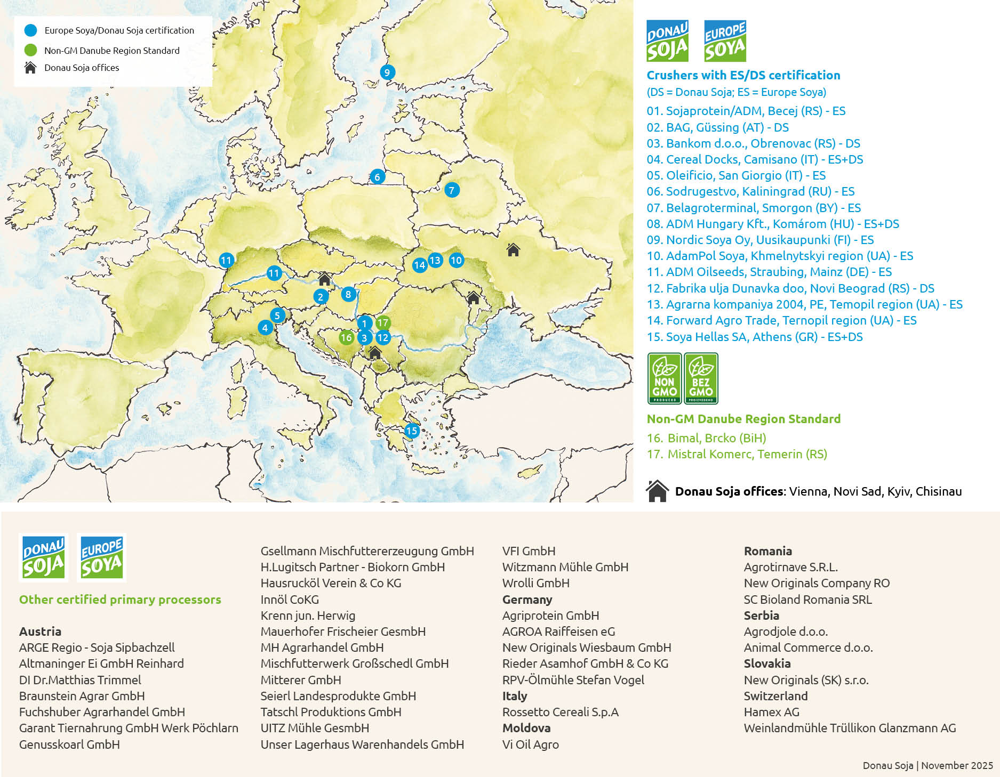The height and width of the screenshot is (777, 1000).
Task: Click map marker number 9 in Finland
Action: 387,72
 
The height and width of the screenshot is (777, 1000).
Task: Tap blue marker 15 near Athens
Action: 411,431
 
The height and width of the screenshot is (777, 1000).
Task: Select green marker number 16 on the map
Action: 346,337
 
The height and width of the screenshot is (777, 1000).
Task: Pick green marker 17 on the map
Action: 382,322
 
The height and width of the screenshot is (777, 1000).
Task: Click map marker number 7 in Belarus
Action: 452,190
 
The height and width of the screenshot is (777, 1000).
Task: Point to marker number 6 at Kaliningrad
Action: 377,177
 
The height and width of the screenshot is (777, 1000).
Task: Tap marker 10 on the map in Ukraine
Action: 456,260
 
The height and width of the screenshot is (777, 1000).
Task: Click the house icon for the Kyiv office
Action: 513,249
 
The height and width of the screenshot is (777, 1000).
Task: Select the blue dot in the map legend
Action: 31,30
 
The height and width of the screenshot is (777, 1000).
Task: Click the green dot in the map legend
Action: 31,50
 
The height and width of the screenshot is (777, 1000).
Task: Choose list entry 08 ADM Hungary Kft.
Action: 773,224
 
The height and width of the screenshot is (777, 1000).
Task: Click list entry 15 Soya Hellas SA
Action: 755,337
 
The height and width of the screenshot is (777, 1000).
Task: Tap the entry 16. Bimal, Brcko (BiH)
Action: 706,438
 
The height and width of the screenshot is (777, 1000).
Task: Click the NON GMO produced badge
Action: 664,378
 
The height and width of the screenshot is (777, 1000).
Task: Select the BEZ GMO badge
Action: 701,378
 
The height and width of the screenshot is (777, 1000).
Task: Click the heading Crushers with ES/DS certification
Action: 743,75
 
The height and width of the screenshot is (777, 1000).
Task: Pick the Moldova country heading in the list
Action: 526,728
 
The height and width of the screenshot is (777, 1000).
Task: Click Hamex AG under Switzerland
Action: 771,712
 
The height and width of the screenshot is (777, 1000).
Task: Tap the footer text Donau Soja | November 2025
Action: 927,765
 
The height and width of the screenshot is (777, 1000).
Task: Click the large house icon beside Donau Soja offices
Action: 657,491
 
